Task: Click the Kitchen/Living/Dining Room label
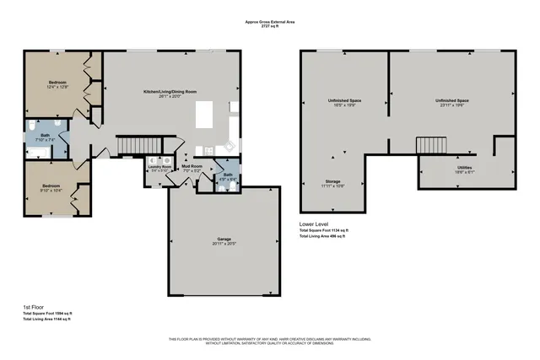tap(169, 92)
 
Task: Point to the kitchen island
tap(205, 114)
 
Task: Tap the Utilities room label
tap(464, 169)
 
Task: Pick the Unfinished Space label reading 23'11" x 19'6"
tap(452, 103)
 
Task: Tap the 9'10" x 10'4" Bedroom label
tap(46, 188)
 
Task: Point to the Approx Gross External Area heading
tap(269, 23)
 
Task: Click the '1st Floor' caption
tap(34, 308)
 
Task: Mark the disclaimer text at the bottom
tap(270, 341)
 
